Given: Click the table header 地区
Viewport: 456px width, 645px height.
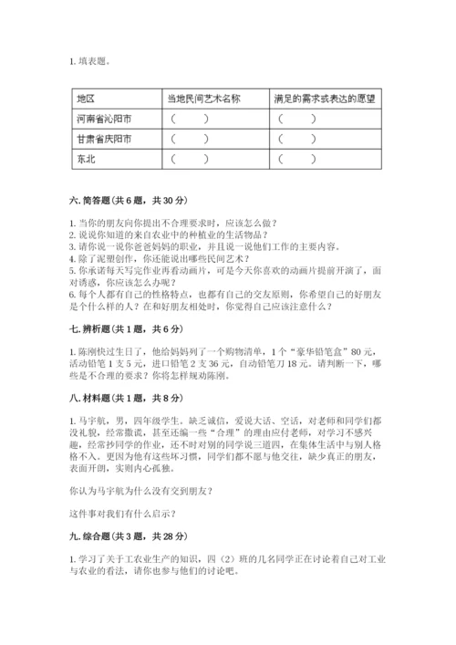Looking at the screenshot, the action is pos(88,99).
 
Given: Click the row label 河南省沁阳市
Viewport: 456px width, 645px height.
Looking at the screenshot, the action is pos(104,119).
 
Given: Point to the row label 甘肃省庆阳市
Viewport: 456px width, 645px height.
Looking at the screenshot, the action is pos(104,139).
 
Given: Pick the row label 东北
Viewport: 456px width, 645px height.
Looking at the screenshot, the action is pos(87,159).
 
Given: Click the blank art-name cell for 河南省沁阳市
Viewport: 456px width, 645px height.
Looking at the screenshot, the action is pos(188,119).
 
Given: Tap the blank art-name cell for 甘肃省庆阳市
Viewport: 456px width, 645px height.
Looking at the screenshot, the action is pos(188,139).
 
